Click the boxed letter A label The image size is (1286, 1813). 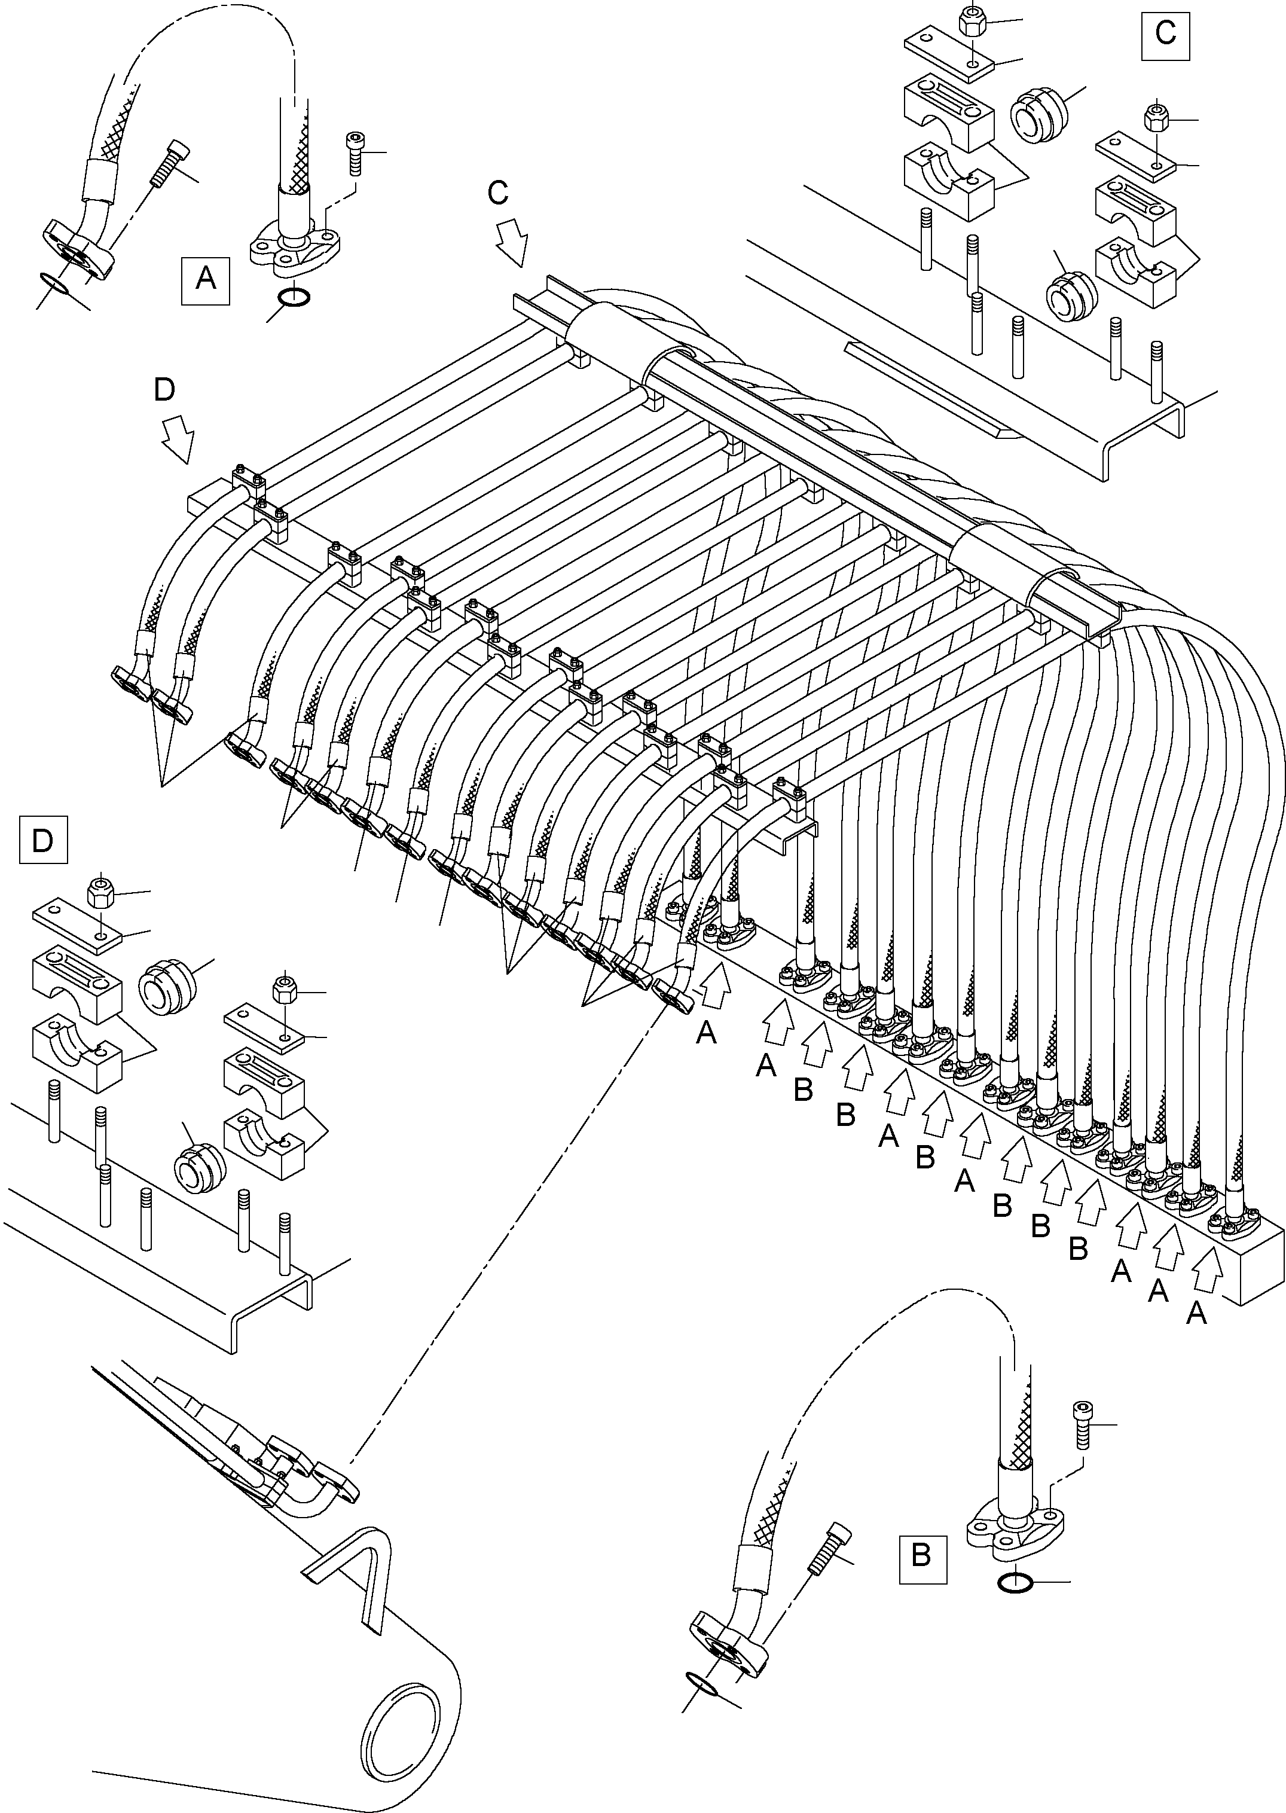pos(205,280)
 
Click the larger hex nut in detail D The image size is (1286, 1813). pos(100,893)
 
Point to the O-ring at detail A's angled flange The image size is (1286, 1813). pos(54,283)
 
